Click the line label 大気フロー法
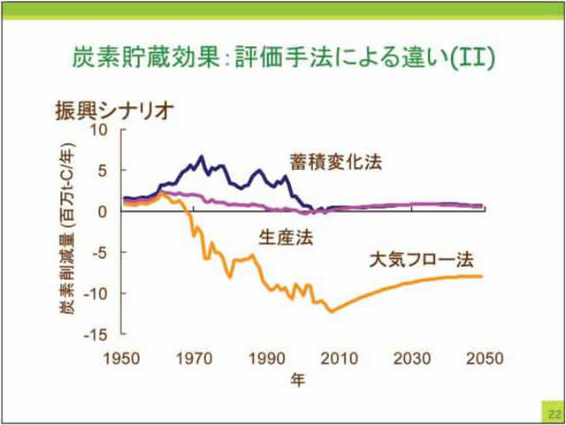[x=422, y=261]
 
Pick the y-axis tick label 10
[x=98, y=130]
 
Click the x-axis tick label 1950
[x=121, y=358]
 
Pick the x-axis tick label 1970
[x=193, y=358]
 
